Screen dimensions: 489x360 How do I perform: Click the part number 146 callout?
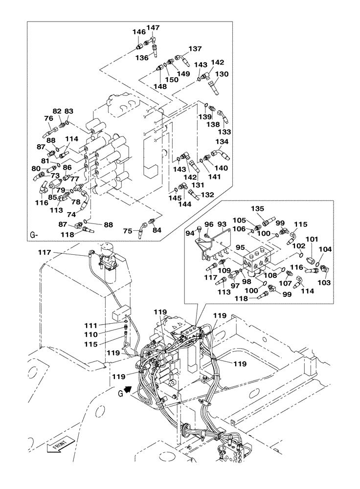click(139, 32)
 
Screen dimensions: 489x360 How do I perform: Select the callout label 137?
click(195, 49)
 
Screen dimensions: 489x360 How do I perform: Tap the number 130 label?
click(222, 74)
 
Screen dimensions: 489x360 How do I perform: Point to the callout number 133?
click(225, 132)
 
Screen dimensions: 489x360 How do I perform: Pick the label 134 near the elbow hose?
click(222, 142)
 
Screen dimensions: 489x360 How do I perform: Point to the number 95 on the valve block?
click(241, 247)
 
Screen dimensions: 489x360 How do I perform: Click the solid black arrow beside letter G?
click(128, 389)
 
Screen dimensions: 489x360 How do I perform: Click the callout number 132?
click(207, 195)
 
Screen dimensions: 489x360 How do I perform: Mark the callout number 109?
click(224, 270)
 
